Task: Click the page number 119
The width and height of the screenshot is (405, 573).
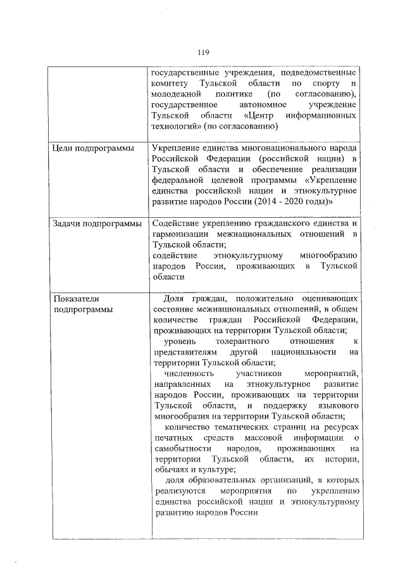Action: pos(202,52)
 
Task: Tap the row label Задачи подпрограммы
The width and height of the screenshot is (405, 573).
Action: pos(97,224)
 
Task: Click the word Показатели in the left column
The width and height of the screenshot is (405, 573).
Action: pos(77,299)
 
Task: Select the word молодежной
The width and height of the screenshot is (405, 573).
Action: pos(175,94)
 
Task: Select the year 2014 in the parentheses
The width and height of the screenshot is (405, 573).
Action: pos(269,202)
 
